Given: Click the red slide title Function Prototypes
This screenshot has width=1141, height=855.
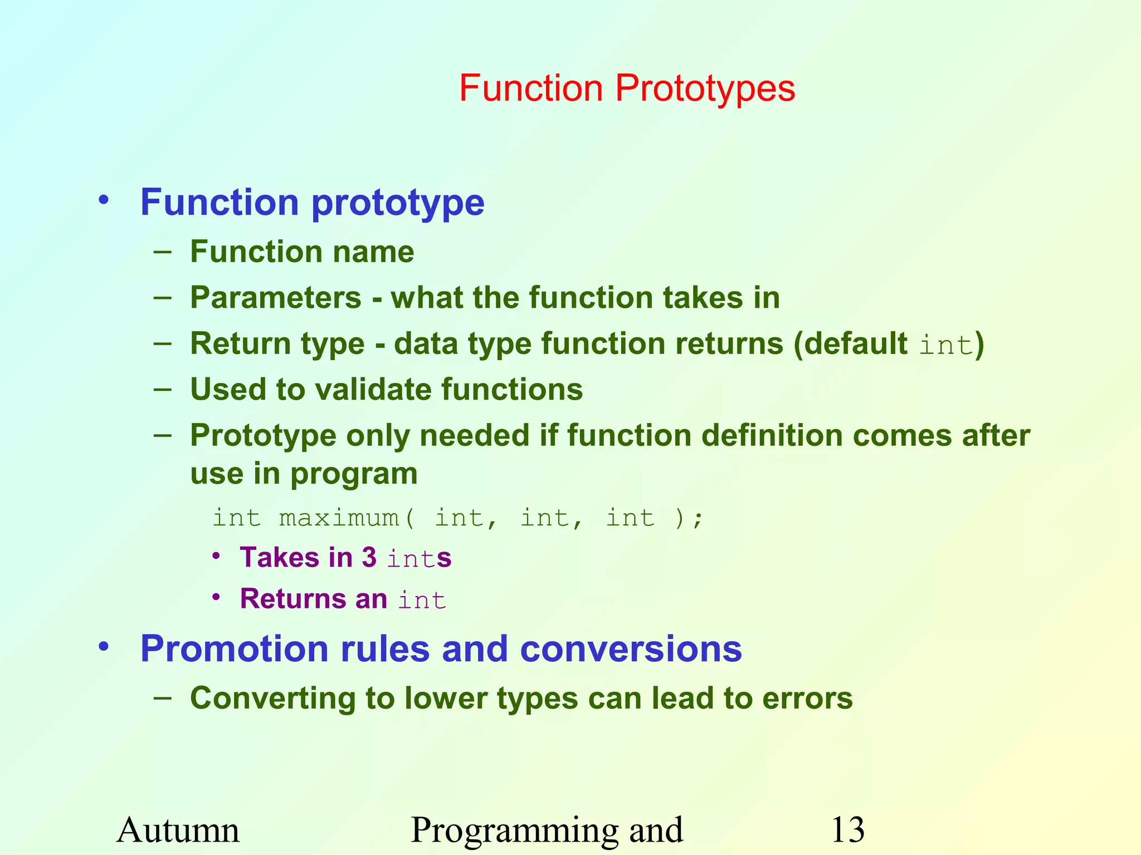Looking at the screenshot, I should tap(627, 89).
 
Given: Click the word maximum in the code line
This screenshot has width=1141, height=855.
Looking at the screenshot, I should tap(339, 518).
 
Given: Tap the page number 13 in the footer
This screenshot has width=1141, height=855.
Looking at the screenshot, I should tap(847, 830).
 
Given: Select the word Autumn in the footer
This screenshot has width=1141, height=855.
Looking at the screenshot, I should tap(178, 830).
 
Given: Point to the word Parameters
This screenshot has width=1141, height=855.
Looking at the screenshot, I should tap(276, 298).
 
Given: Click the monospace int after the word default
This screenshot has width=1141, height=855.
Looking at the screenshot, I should tap(945, 345).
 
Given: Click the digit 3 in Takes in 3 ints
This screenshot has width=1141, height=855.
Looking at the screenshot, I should tap(369, 558).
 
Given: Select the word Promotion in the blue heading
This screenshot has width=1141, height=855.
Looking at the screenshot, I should tap(235, 649).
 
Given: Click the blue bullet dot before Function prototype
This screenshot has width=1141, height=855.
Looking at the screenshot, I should tap(104, 200).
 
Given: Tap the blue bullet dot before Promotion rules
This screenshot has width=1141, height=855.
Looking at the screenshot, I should tap(104, 647).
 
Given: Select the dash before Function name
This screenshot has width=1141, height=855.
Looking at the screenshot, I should tap(163, 252).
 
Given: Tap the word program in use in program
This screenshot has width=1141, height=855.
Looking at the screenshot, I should tap(354, 475).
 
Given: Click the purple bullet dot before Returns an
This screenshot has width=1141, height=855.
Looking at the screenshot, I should tap(217, 597).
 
